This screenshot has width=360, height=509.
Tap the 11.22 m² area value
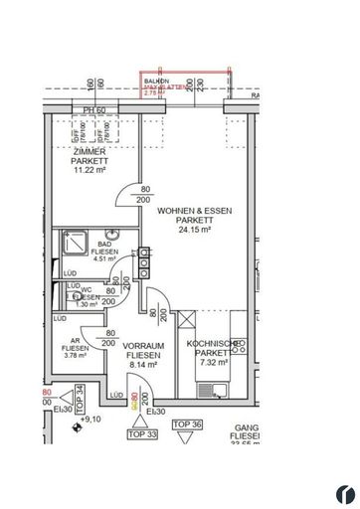[89, 169]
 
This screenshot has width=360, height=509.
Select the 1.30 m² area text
[88, 304]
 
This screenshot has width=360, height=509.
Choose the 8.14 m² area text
[143, 364]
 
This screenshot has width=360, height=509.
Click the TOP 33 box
[143, 433]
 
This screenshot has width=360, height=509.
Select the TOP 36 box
[187, 424]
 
